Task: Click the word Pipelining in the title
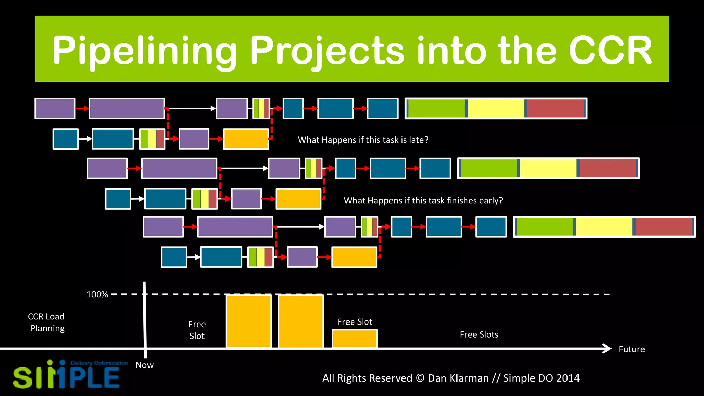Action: coord(144,51)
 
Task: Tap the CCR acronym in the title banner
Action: coord(610,51)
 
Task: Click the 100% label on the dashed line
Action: coord(97,295)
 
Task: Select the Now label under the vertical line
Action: coord(144,365)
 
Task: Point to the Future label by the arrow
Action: coord(631,349)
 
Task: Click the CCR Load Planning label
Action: coord(46,322)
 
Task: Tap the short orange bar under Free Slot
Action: coord(354,339)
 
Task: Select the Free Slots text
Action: coord(479,334)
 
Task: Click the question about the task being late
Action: coord(363,140)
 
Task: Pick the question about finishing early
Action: coord(423,201)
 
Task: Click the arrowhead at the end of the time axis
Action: coord(608,349)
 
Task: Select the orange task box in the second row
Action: coord(246,139)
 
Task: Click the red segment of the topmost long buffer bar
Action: coord(555,108)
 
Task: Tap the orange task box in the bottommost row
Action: coord(354,257)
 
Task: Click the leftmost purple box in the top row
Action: coord(55,108)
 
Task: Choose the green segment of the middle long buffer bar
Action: coord(488,168)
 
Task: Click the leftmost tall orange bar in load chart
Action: coord(249,321)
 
